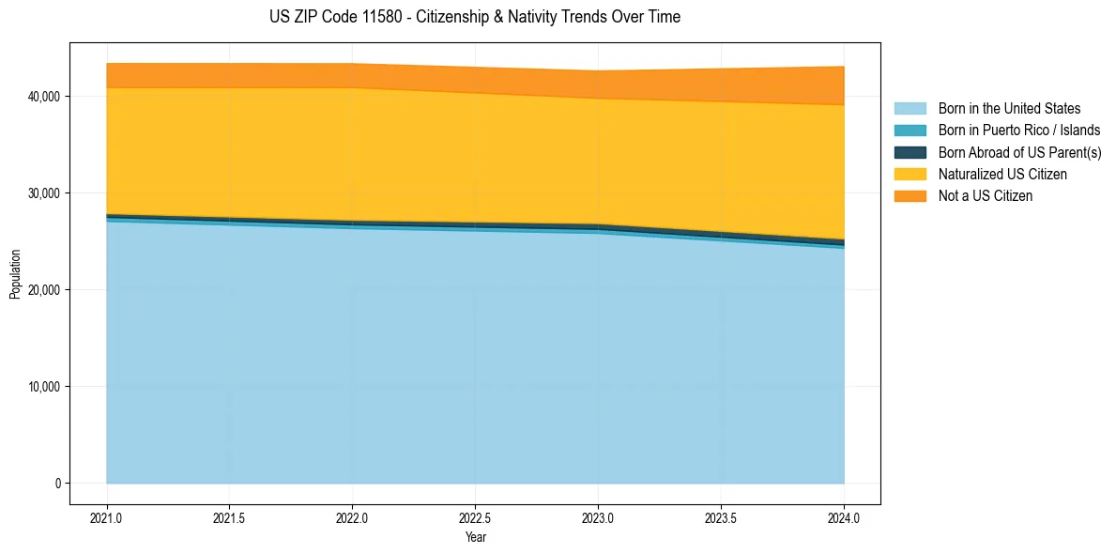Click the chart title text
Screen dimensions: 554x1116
click(475, 17)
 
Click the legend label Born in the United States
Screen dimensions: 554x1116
click(1009, 109)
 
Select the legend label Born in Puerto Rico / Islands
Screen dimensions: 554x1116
click(1019, 131)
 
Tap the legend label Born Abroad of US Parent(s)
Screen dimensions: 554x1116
click(1019, 152)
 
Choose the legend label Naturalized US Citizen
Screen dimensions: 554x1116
click(1002, 174)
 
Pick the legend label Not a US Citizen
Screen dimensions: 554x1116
click(985, 195)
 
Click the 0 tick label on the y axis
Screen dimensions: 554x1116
click(56, 484)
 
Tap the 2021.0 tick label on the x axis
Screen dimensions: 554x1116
click(107, 517)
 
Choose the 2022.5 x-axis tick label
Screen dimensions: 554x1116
click(476, 517)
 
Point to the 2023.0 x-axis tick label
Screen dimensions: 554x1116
click(598, 517)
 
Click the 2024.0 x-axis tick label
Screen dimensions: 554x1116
click(844, 517)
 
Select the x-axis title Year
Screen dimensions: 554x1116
click(476, 537)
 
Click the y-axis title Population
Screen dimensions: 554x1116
click(15, 274)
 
